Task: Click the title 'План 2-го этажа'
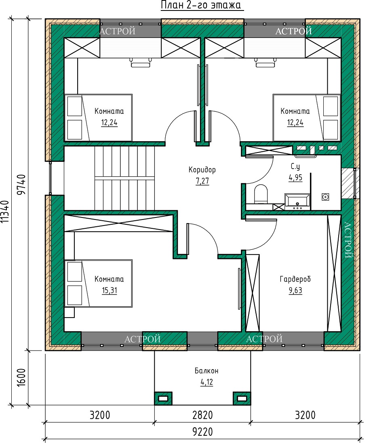[202, 5]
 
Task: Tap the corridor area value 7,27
[202, 181]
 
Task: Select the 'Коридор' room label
[202, 170]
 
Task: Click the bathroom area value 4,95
[295, 178]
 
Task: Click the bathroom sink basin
[297, 201]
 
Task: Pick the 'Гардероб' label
[295, 279]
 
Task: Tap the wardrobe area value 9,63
[295, 290]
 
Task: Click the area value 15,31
[110, 290]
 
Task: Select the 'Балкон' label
[206, 371]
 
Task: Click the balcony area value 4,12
[207, 382]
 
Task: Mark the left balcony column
[163, 398]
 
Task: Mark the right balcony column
[242, 398]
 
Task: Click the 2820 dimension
[202, 415]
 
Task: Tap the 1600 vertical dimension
[21, 378]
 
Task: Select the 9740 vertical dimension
[21, 185]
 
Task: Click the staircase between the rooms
[125, 178]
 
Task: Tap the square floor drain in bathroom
[325, 196]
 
